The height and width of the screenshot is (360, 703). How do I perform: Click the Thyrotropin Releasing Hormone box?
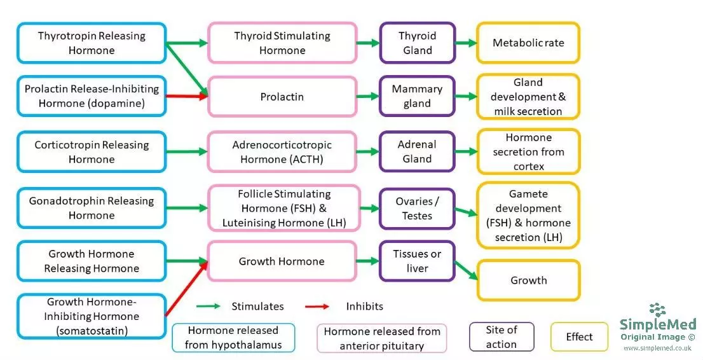92,43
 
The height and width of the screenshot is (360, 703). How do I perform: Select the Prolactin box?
282,97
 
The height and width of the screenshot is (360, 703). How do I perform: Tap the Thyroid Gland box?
417,43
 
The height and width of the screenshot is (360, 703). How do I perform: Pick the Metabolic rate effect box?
528,43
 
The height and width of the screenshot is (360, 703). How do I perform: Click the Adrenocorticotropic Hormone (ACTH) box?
282,152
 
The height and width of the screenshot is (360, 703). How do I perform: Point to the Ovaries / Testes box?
417,208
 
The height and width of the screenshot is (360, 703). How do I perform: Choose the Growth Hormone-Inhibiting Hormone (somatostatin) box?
92,316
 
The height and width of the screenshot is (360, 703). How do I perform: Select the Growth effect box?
528,280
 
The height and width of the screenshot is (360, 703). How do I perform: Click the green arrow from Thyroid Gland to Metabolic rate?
466,43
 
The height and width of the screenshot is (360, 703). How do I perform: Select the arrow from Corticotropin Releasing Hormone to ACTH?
187,152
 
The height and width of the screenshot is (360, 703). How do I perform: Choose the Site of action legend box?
502,336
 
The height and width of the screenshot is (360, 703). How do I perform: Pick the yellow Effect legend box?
578,336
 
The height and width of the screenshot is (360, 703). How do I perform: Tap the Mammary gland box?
417,97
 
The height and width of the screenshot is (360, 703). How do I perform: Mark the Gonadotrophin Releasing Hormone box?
92,208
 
